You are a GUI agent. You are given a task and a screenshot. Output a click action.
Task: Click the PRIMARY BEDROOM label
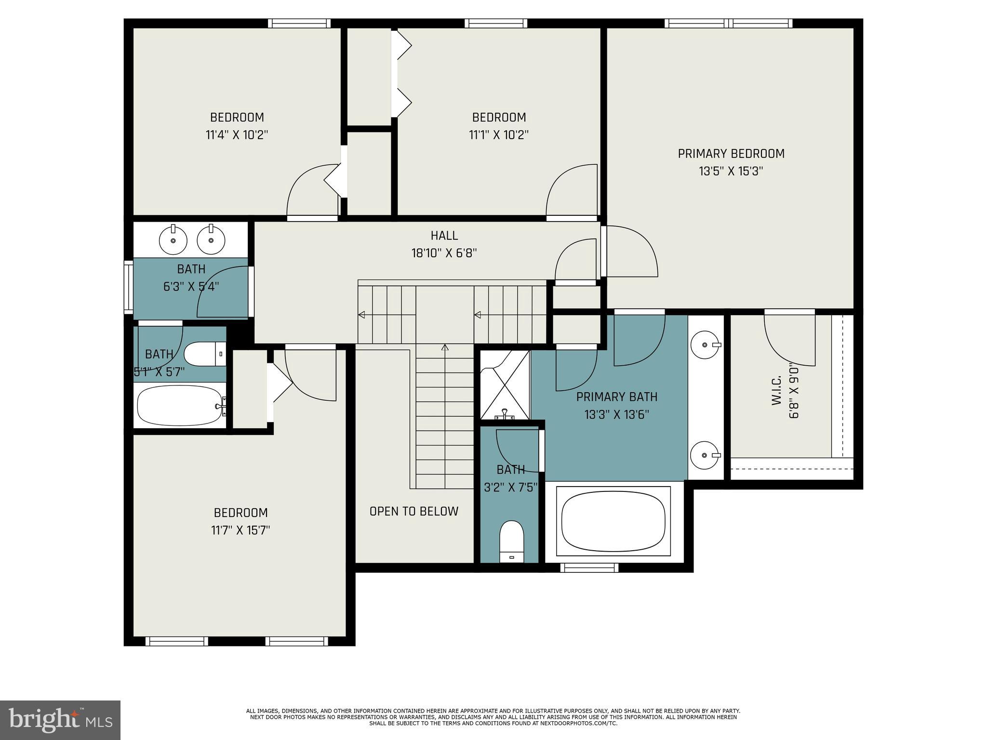click(x=731, y=154)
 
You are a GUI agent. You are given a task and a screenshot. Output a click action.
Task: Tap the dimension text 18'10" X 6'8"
click(x=444, y=253)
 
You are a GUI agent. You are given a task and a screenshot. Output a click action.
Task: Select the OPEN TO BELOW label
click(x=413, y=511)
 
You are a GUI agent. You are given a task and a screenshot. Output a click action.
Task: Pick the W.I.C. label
click(x=776, y=391)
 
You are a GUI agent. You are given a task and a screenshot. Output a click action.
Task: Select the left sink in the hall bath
click(x=173, y=239)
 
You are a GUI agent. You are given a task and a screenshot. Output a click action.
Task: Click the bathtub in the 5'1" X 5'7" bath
click(x=180, y=406)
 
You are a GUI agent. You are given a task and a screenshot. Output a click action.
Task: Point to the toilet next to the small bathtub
click(x=205, y=354)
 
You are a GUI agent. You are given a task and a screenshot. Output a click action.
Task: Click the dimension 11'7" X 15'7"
click(x=240, y=530)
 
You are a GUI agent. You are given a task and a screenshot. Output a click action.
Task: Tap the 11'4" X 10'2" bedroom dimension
click(x=237, y=134)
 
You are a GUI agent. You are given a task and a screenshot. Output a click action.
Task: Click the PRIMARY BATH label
click(x=616, y=397)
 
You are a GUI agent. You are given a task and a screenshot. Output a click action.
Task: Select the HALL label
click(x=444, y=236)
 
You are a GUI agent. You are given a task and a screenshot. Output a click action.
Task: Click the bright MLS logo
click(x=60, y=720)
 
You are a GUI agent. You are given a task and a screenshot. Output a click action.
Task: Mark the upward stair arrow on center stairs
click(x=445, y=348)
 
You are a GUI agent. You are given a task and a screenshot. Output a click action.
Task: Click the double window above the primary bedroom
click(x=728, y=23)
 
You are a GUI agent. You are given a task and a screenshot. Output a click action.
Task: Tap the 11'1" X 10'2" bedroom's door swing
click(x=572, y=190)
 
